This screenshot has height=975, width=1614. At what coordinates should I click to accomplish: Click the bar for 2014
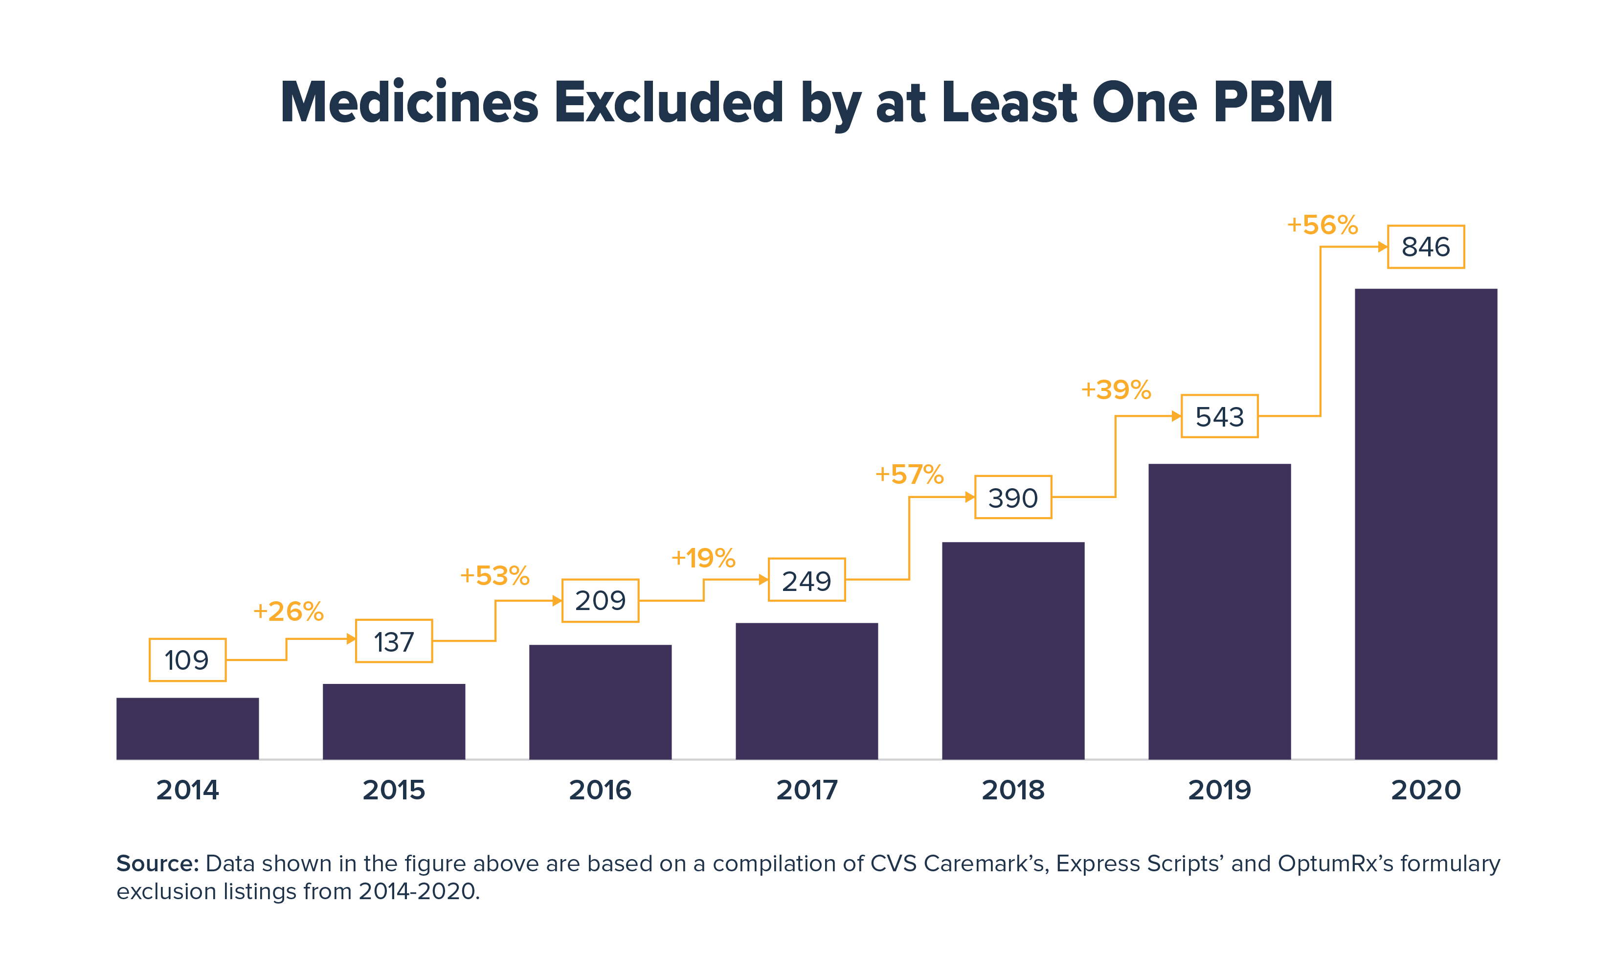[x=187, y=728]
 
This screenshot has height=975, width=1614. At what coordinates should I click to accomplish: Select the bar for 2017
[x=807, y=691]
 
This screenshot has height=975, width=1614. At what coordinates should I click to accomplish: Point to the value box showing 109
[x=187, y=660]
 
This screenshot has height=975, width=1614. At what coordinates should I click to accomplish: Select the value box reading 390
[x=1013, y=498]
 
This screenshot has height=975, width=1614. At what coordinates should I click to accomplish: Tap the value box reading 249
[x=807, y=580]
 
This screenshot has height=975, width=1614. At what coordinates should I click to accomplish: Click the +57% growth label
[x=909, y=475]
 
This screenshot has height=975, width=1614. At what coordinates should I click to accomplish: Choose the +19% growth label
[x=703, y=558]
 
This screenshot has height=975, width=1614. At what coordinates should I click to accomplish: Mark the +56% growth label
[x=1323, y=225]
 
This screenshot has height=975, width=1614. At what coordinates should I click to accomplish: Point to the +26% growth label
[x=288, y=612]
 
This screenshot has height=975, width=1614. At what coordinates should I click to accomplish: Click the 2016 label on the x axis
[x=600, y=790]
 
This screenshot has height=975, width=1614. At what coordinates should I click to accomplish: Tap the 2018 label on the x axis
[x=1013, y=790]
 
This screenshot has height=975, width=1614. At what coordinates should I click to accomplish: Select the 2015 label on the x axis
[x=394, y=790]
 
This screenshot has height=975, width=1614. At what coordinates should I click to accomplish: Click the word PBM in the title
[x=1273, y=103]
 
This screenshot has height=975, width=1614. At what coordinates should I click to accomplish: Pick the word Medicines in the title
[x=409, y=103]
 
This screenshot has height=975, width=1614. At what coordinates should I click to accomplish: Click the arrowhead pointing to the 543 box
[x=1176, y=416]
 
